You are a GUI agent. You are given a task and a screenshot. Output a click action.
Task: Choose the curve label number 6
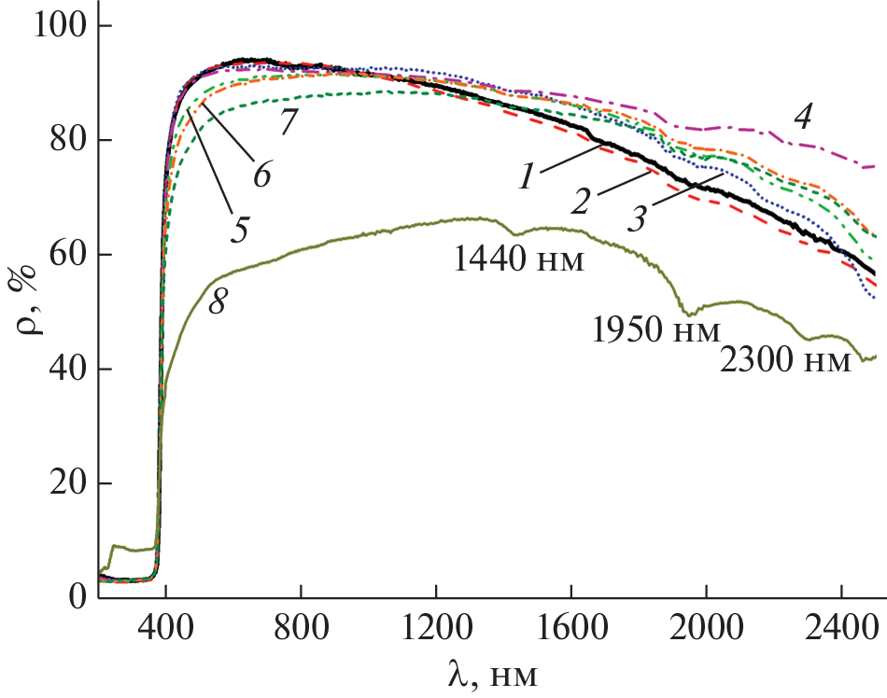pyautogui.click(x=261, y=173)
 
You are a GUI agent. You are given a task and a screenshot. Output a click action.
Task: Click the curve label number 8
pyautogui.click(x=219, y=307)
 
